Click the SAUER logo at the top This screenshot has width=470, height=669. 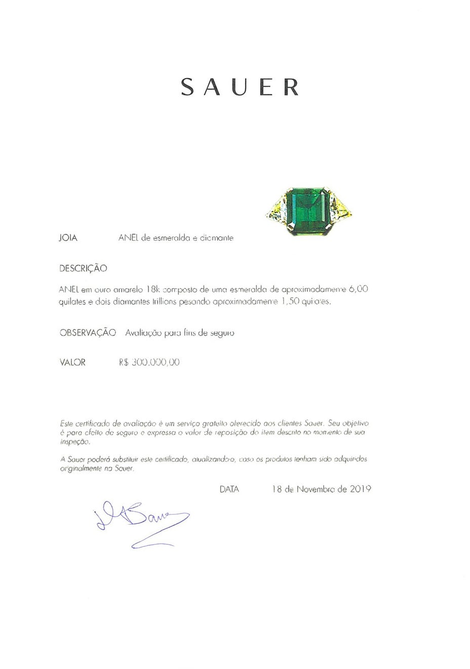point(240,87)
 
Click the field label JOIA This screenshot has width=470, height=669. point(68,238)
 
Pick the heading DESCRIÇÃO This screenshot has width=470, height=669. point(83,268)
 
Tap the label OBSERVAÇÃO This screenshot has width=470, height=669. point(88,332)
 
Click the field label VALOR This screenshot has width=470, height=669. point(72,362)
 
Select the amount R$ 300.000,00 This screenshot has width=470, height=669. point(149,362)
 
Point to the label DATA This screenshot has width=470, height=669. point(229,489)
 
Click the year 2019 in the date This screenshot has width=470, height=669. point(360,489)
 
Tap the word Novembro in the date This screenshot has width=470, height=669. point(315,489)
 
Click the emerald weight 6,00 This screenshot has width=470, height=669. point(358,289)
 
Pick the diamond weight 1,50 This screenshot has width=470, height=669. point(290,302)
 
